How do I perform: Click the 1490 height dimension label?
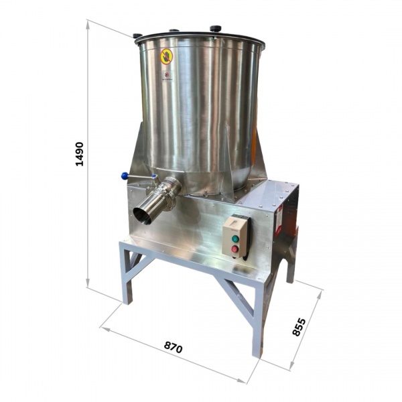80,154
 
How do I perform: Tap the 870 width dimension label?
174,347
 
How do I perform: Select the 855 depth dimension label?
299,327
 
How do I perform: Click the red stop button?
235,249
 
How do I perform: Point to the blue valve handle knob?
125,176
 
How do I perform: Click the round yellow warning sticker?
166,56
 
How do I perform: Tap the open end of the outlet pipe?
141,216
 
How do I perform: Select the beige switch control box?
235,236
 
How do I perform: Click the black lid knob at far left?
137,36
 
